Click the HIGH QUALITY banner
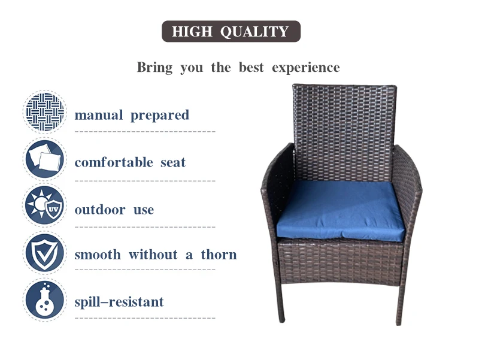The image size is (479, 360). tap(231, 32)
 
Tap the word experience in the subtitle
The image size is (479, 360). tap(305, 67)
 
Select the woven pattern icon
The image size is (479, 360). tap(44, 111)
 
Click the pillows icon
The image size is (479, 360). tap(44, 159)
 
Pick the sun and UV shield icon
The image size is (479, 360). tap(44, 206)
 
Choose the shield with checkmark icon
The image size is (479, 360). tap(44, 253)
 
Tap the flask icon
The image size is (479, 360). tap(44, 300)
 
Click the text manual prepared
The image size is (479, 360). tap(131, 115)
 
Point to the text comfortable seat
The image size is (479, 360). tap(130, 162)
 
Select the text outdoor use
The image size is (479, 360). tap(114, 210)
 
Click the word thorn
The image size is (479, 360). tap(219, 255)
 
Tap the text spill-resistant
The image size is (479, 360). tap(119, 302)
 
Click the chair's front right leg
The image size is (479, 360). tap(399, 302)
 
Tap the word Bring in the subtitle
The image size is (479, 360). tap(154, 67)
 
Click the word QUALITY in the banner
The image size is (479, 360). tap(254, 32)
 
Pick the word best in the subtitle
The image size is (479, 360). tap(251, 67)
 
